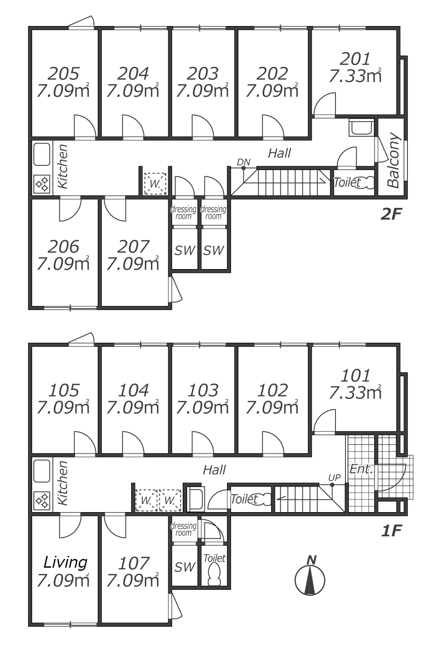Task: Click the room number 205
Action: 64,73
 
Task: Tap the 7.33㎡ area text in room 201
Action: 355,76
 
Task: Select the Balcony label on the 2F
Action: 393,160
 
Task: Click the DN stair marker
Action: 243,162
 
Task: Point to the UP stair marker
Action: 334,477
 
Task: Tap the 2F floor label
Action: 391,214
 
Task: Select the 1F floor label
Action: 391,530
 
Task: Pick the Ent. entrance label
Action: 361,469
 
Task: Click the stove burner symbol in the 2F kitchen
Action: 42,184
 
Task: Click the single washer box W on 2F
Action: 155,184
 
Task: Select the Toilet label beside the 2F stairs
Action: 347,182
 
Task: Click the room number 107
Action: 134,563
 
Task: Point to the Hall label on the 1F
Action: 214,470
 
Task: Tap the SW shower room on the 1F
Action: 185,567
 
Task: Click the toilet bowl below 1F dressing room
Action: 214,575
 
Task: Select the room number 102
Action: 273,390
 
